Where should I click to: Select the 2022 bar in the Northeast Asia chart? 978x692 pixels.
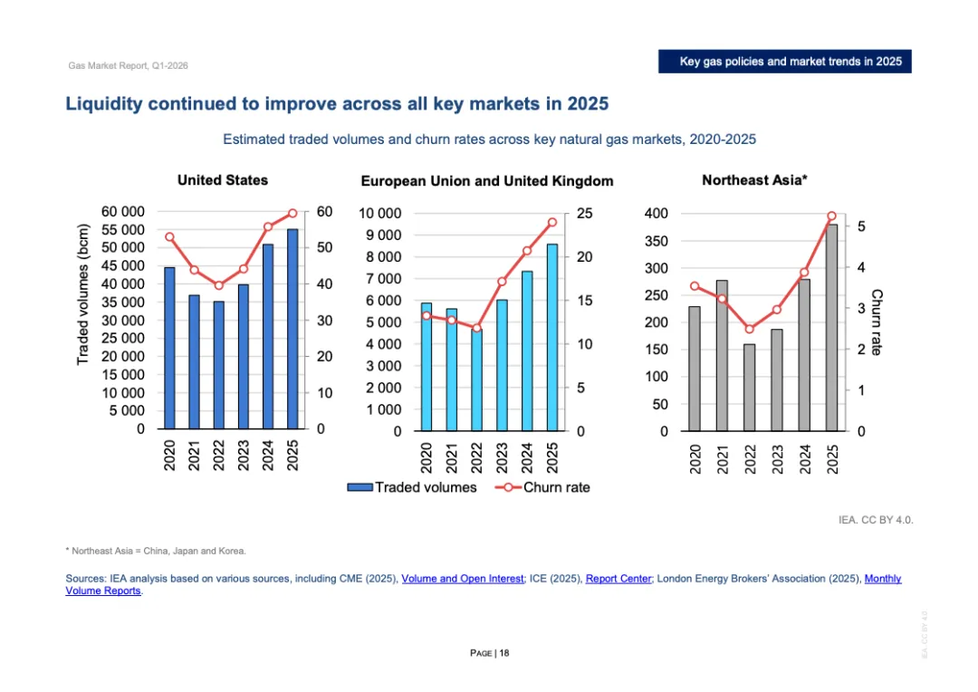(749, 387)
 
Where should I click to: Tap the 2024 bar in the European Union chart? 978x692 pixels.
(527, 351)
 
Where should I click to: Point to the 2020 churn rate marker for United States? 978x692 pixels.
(169, 236)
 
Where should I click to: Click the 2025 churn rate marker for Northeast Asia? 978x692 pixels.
(831, 216)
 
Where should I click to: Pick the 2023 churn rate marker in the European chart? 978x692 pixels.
(502, 282)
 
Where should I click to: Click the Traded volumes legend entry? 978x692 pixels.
(413, 487)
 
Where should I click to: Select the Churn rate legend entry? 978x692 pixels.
(542, 487)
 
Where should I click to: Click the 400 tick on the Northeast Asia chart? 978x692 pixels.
(656, 214)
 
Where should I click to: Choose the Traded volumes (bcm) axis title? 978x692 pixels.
(83, 294)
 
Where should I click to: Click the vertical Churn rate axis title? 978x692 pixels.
(876, 322)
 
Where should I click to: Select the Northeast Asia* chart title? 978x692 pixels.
(754, 180)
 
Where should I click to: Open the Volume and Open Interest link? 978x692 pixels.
(462, 578)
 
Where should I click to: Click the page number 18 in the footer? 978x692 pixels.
(504, 653)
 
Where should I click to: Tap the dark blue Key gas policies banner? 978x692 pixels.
(783, 62)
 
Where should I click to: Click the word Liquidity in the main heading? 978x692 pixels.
(106, 104)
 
